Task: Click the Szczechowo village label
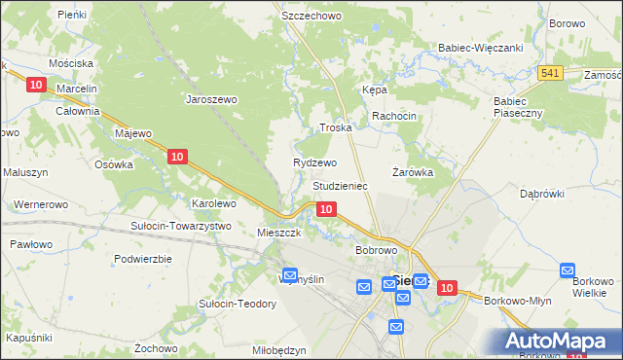tap(310, 17)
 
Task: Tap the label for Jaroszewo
tap(212, 98)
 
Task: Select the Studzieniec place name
tap(339, 185)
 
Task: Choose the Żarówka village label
tap(412, 172)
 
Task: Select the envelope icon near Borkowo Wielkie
tap(568, 270)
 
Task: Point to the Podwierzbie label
tap(142, 259)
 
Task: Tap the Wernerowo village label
tap(40, 205)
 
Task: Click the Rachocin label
tap(393, 116)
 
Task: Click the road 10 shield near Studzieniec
tap(327, 209)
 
